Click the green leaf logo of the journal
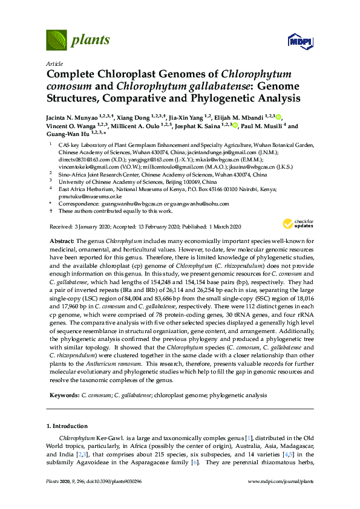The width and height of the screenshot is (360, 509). (x=56, y=41)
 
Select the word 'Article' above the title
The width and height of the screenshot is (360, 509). (x=54, y=63)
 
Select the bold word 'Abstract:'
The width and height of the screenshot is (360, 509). (x=62, y=240)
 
